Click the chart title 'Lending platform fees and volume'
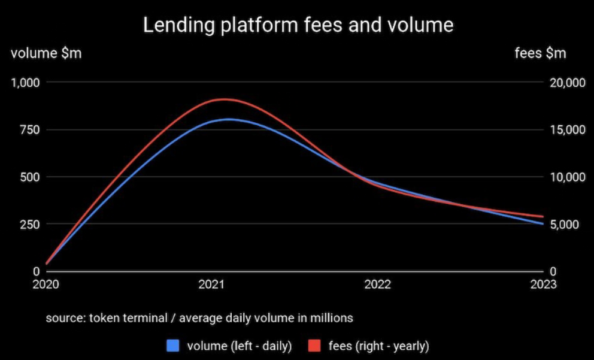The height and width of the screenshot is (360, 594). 298,25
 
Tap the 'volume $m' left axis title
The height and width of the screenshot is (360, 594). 46,53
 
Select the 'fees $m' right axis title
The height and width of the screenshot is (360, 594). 540,53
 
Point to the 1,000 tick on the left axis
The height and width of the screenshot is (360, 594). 25,83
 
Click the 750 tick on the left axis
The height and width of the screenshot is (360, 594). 30,129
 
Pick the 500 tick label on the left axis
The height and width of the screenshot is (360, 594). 30,177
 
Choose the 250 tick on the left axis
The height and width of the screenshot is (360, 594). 30,225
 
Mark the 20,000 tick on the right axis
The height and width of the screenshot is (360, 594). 568,83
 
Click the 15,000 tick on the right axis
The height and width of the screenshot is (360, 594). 568,130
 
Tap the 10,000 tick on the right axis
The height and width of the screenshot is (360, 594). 568,177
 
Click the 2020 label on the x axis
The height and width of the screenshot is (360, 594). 46,284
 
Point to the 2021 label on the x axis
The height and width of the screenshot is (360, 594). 212,284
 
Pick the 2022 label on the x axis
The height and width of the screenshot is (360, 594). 377,284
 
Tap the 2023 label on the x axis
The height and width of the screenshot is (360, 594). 543,284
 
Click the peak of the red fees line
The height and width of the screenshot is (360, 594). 223,99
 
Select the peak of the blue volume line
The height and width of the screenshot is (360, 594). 228,119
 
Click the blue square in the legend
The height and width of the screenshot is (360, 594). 172,346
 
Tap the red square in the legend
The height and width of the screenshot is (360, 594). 314,346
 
